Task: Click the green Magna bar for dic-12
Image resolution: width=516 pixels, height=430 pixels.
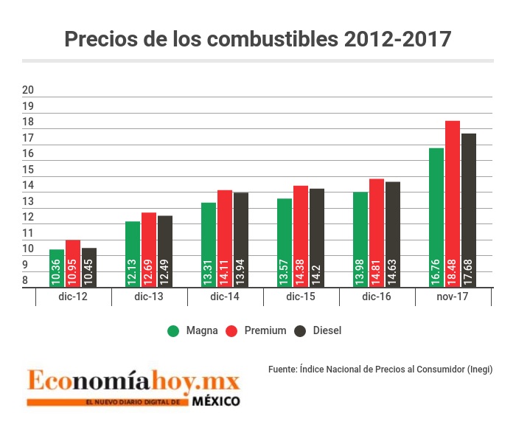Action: click(57, 268)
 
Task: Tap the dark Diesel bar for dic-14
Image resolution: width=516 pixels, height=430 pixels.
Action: click(240, 240)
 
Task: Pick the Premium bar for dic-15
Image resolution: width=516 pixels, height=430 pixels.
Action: click(301, 236)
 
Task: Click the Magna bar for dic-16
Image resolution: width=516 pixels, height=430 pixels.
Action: click(360, 240)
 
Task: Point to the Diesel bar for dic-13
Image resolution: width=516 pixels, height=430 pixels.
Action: click(164, 252)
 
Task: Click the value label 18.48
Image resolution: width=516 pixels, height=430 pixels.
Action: click(453, 273)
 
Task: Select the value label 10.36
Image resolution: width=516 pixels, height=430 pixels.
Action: click(57, 273)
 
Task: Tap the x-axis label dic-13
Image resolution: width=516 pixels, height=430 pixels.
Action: click(149, 297)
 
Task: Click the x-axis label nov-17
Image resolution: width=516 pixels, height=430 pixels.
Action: click(452, 297)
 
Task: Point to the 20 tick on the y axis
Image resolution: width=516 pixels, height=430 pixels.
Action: click(29, 90)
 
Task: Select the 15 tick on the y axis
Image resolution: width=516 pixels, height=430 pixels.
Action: click(29, 170)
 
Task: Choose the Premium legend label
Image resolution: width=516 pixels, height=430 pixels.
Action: click(265, 331)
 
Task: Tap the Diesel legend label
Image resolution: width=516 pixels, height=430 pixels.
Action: click(327, 331)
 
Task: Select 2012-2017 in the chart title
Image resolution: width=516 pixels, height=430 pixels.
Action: click(398, 39)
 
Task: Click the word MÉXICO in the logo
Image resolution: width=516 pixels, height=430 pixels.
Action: click(216, 402)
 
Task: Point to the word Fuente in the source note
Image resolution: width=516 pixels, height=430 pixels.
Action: click(283, 369)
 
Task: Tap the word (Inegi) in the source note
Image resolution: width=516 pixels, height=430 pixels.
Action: click(480, 369)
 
